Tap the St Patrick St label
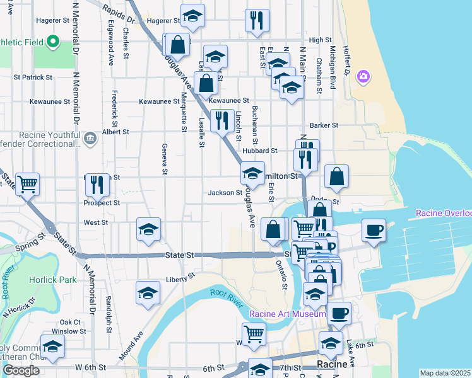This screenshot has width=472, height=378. [33, 77]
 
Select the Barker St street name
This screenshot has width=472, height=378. [324, 125]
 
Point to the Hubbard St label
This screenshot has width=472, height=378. [259, 151]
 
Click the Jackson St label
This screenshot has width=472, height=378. [225, 192]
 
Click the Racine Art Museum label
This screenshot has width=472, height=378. [288, 314]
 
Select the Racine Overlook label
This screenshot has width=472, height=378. [444, 214]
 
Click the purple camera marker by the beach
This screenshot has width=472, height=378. [363, 77]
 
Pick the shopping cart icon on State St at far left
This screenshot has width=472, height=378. [27, 184]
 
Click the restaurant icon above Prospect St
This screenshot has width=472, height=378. [97, 184]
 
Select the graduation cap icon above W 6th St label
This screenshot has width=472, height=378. [52, 346]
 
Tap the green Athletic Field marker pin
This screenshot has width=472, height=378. [54, 43]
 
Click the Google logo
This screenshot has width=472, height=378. [20, 370]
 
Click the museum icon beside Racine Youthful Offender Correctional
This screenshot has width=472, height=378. [89, 137]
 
